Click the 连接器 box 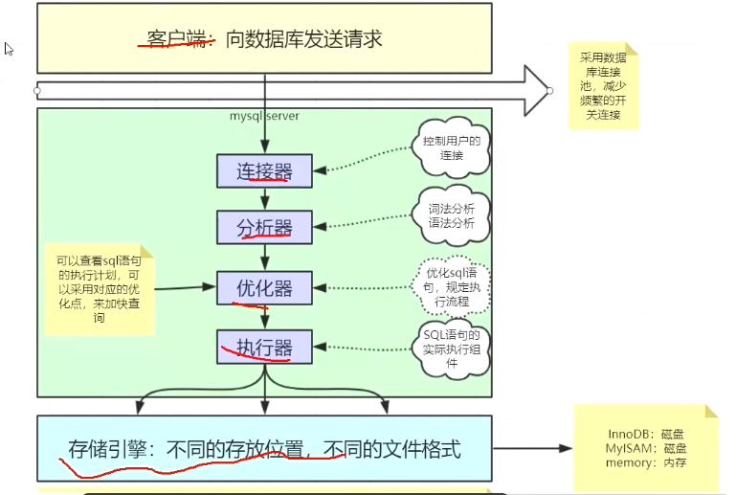point(264,171)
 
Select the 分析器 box point(264,227)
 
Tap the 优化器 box point(264,286)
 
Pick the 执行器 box point(264,346)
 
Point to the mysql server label point(263,116)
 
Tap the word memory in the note point(628,463)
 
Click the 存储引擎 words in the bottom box point(109,448)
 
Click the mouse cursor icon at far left point(9,49)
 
